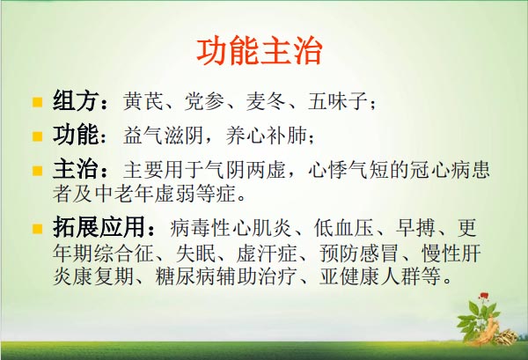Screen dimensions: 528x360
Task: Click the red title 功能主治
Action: [x=260, y=51]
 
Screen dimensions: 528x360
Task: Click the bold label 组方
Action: [x=75, y=100]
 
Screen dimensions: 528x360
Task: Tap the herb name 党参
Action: [x=204, y=100]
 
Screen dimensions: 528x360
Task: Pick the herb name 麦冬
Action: [x=266, y=100]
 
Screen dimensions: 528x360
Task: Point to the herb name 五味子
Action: [x=338, y=100]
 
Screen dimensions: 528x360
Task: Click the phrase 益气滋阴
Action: [x=163, y=136]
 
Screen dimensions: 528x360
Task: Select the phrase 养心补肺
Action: [x=267, y=136]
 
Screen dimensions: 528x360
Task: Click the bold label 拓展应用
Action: [x=99, y=227]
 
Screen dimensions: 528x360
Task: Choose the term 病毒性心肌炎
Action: [x=231, y=228]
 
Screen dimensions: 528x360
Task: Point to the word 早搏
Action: [x=415, y=228]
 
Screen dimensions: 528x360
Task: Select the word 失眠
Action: [x=195, y=253]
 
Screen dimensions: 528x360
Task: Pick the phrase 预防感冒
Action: [x=359, y=253]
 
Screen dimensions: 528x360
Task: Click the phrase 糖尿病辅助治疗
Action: [x=225, y=276]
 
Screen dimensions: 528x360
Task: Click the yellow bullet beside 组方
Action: [x=37, y=102]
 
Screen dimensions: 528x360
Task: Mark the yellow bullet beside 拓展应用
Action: [x=37, y=229]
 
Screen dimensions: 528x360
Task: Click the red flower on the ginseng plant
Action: [x=483, y=297]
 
